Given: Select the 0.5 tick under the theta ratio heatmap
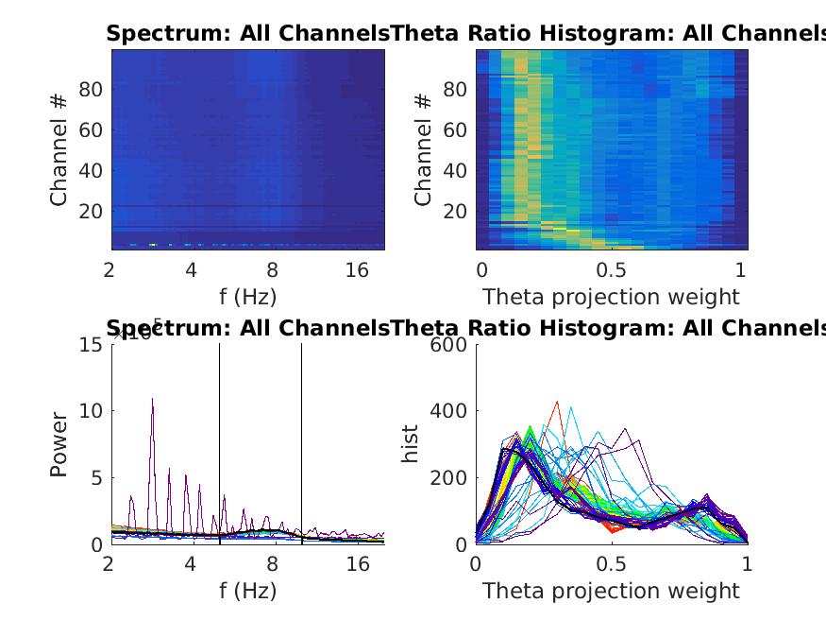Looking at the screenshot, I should pos(612,270).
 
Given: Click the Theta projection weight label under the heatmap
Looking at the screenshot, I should pos(612,297).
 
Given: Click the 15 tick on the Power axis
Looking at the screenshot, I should pos(92,345).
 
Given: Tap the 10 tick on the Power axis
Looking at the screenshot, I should pos(92,411).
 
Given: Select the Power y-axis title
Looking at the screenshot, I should pos(60,443).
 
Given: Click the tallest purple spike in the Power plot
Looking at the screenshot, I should pos(152,400).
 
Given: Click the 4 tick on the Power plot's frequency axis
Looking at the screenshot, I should pos(192,564).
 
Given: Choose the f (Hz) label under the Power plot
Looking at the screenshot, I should pos(247,591).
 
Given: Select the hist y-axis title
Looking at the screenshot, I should pos(411,443).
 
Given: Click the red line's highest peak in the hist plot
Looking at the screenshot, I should pos(557,402).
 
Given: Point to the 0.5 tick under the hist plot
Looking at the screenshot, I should pos(612,564).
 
